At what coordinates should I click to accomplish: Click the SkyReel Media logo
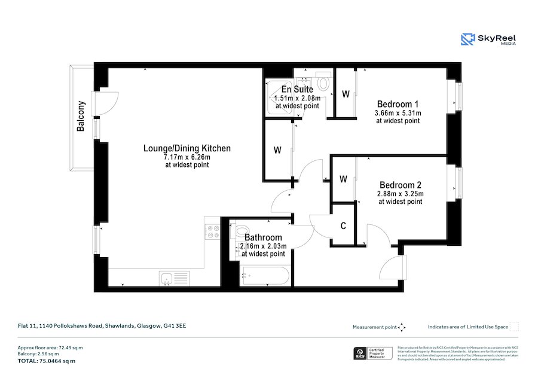[x=488, y=39]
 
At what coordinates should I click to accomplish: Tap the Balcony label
[x=81, y=116]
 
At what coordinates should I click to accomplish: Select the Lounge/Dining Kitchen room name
[x=187, y=148]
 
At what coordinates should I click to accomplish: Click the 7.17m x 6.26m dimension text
[x=187, y=157]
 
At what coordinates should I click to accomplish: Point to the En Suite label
[x=297, y=90]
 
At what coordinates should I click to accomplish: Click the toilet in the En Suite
[x=323, y=81]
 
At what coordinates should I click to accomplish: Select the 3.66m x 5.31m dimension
[x=398, y=113]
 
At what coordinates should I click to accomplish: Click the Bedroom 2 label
[x=400, y=185]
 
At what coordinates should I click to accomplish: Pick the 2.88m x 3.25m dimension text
[x=400, y=194]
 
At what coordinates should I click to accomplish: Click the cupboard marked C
[x=343, y=225]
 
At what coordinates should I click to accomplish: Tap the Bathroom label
[x=263, y=237]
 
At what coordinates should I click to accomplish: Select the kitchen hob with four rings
[x=212, y=231]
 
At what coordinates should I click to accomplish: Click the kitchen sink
[x=173, y=278]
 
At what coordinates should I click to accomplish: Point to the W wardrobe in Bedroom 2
[x=343, y=179]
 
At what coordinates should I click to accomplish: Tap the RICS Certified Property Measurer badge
[x=373, y=354]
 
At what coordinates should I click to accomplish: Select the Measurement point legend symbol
[x=402, y=327]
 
